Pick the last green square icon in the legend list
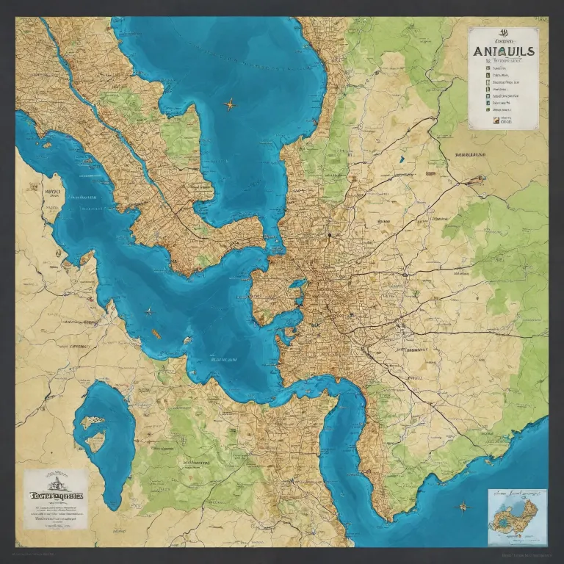[486, 104]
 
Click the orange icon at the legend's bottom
[495, 118]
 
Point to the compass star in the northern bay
[231, 104]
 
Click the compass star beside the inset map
[463, 506]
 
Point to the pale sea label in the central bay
[223, 360]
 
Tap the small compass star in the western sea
[148, 311]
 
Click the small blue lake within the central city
[297, 283]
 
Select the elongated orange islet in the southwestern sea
[156, 334]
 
